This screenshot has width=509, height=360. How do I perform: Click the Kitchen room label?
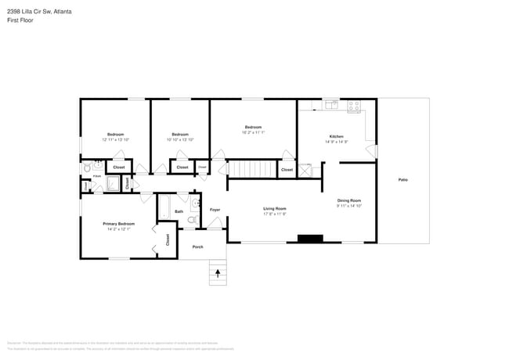[x=335, y=136]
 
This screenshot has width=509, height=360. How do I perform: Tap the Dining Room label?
[x=348, y=200]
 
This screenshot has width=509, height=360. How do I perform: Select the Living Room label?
[x=274, y=209]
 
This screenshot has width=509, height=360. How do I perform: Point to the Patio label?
[x=403, y=180]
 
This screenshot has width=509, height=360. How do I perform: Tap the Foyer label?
[x=215, y=209]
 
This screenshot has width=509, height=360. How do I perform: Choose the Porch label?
[x=198, y=247]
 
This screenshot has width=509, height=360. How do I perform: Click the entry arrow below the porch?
[x=218, y=273]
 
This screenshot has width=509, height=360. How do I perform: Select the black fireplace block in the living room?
[x=310, y=239]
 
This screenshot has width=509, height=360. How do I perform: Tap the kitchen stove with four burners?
[x=353, y=104]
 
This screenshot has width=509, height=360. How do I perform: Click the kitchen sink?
[x=330, y=104]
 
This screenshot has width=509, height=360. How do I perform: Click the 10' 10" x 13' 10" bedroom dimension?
[x=180, y=139]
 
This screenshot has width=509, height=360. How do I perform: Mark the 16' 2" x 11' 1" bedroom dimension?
[x=253, y=132]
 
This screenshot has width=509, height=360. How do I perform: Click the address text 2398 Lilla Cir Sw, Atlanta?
[x=39, y=12]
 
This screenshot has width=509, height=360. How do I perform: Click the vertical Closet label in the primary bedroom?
[x=167, y=240]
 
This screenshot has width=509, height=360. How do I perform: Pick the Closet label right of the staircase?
[x=287, y=169]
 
